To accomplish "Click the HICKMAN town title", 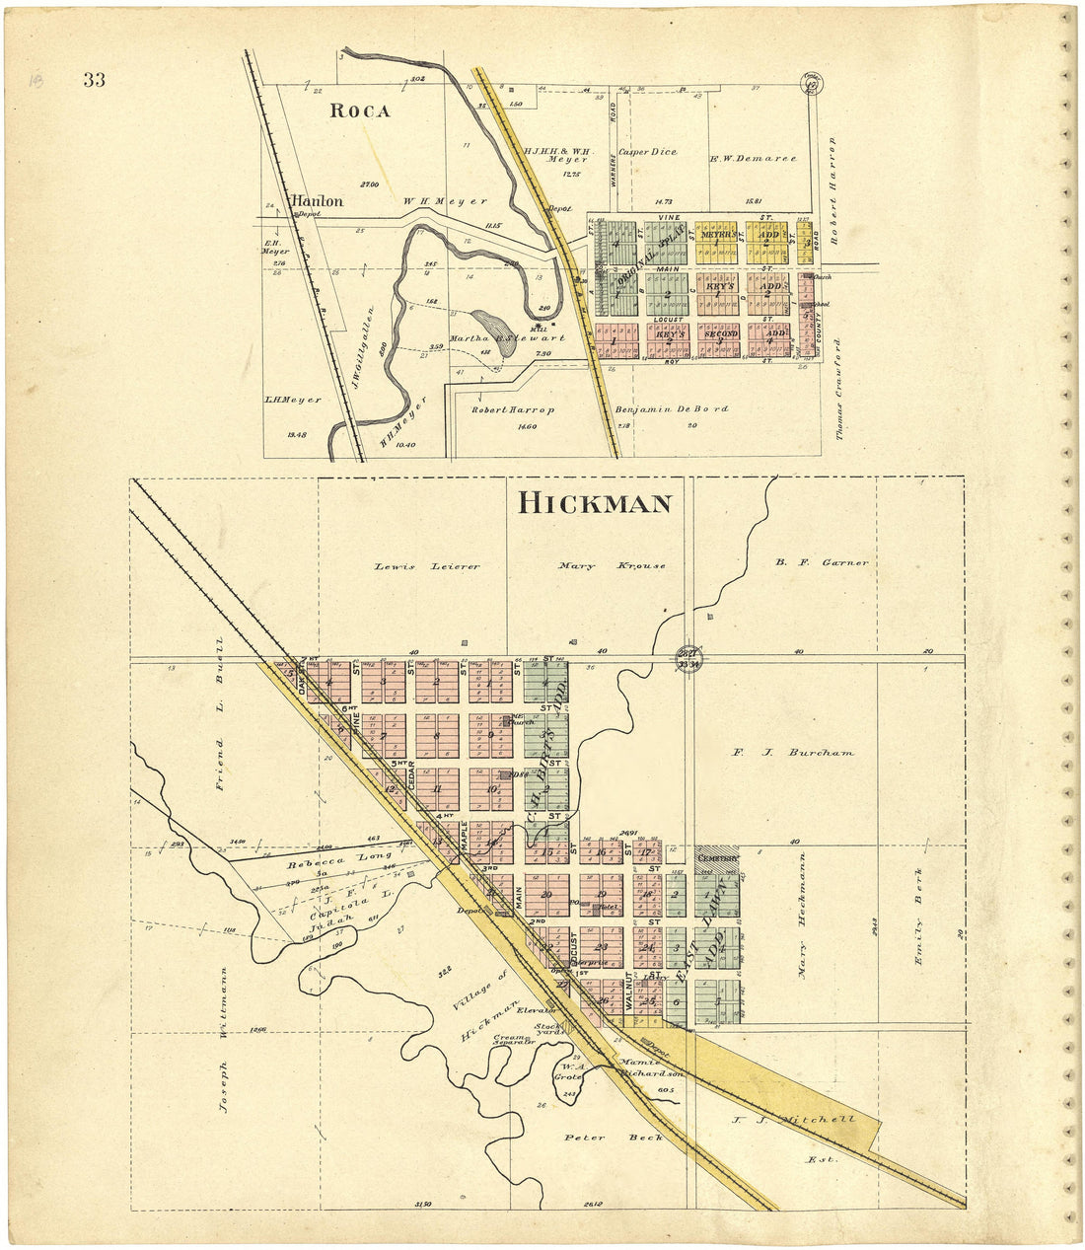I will (x=595, y=503).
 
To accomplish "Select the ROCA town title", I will (x=359, y=110).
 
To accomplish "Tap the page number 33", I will (x=94, y=81).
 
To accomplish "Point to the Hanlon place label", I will (x=317, y=201).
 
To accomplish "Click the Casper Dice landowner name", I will (x=647, y=153).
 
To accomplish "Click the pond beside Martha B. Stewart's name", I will (x=490, y=325).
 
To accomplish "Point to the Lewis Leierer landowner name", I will (x=427, y=566).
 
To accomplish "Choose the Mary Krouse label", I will (x=612, y=566).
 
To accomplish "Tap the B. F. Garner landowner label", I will (x=821, y=562).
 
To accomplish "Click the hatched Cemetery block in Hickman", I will (x=716, y=857).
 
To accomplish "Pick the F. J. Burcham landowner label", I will (x=793, y=753).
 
